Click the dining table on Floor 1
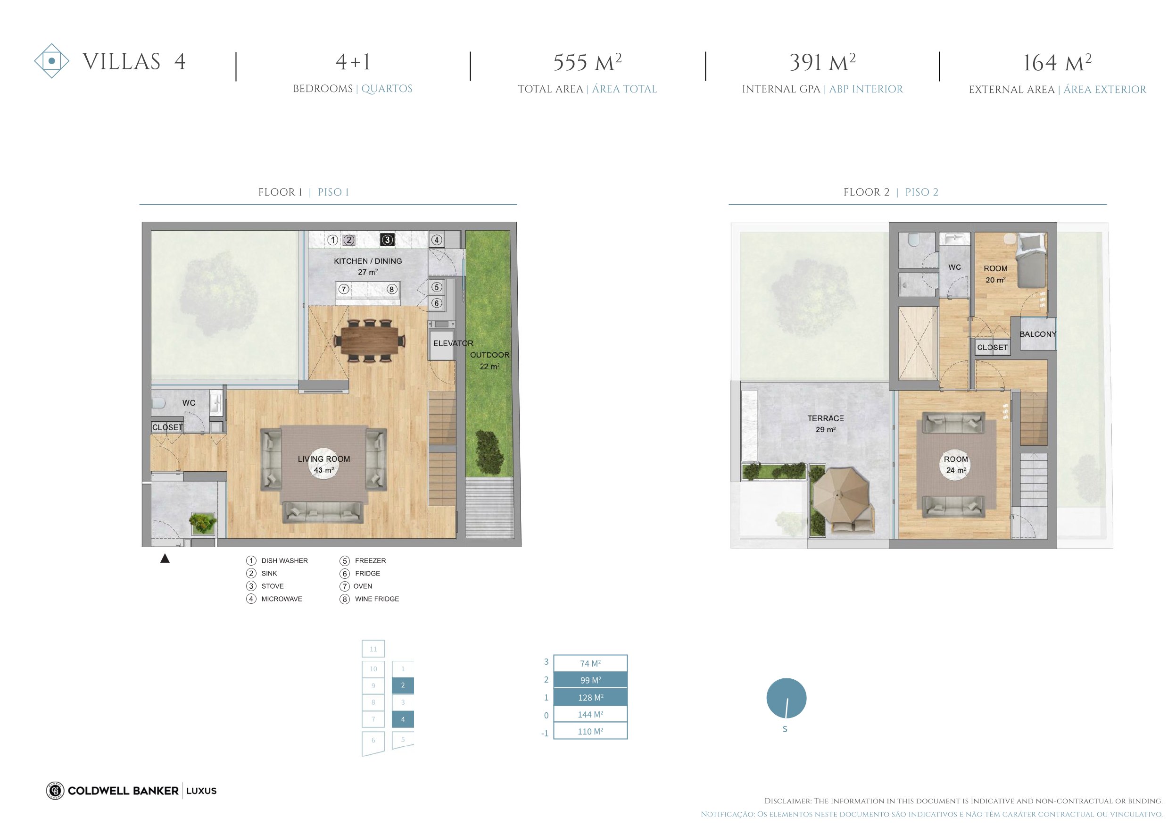click(x=370, y=340)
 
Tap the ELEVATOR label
click(x=453, y=343)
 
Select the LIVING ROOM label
click(x=324, y=459)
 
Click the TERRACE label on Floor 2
click(x=826, y=418)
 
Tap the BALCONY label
click(x=1038, y=334)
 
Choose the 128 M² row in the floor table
click(x=590, y=697)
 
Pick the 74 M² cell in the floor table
click(x=590, y=663)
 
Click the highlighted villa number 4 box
click(x=403, y=719)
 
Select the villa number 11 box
click(x=373, y=649)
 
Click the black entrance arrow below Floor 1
click(x=165, y=559)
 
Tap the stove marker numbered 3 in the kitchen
click(x=387, y=240)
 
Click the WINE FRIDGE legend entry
click(x=369, y=599)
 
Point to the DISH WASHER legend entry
click(x=277, y=560)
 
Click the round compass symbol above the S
click(x=786, y=698)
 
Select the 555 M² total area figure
click(x=588, y=63)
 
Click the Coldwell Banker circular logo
click(x=55, y=791)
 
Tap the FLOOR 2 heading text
click(x=867, y=192)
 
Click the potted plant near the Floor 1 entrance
click(x=203, y=523)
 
